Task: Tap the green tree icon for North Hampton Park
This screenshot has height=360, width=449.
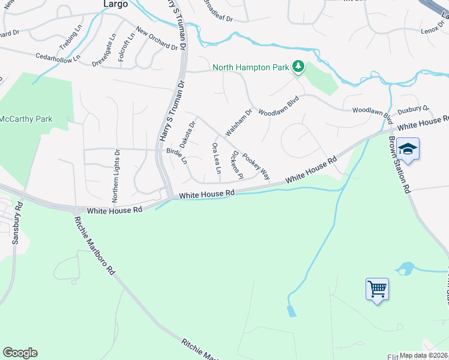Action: tap(298, 67)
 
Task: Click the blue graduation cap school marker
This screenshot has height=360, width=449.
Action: tap(408, 149)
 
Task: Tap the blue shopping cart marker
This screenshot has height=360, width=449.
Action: tap(377, 289)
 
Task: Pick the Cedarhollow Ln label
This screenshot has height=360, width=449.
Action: tap(58, 58)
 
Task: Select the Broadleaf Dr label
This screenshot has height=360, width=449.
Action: tap(217, 11)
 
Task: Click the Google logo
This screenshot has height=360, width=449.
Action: tap(20, 353)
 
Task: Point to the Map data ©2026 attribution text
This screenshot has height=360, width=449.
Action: tap(423, 355)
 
